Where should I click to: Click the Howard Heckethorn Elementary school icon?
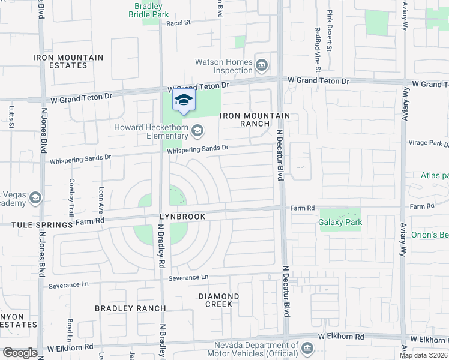(x=197, y=130)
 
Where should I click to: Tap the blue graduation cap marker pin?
(x=184, y=101)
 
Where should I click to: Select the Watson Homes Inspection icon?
(x=262, y=65)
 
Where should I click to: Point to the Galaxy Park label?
(x=340, y=222)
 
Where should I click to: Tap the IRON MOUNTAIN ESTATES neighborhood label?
(x=68, y=61)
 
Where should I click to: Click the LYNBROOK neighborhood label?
(x=182, y=217)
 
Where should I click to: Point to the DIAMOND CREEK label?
(x=218, y=300)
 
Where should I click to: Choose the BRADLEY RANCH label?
(x=130, y=308)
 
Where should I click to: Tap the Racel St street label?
(x=178, y=23)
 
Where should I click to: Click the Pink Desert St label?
(x=330, y=26)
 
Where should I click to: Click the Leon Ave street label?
(x=101, y=200)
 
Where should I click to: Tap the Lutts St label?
(x=12, y=118)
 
